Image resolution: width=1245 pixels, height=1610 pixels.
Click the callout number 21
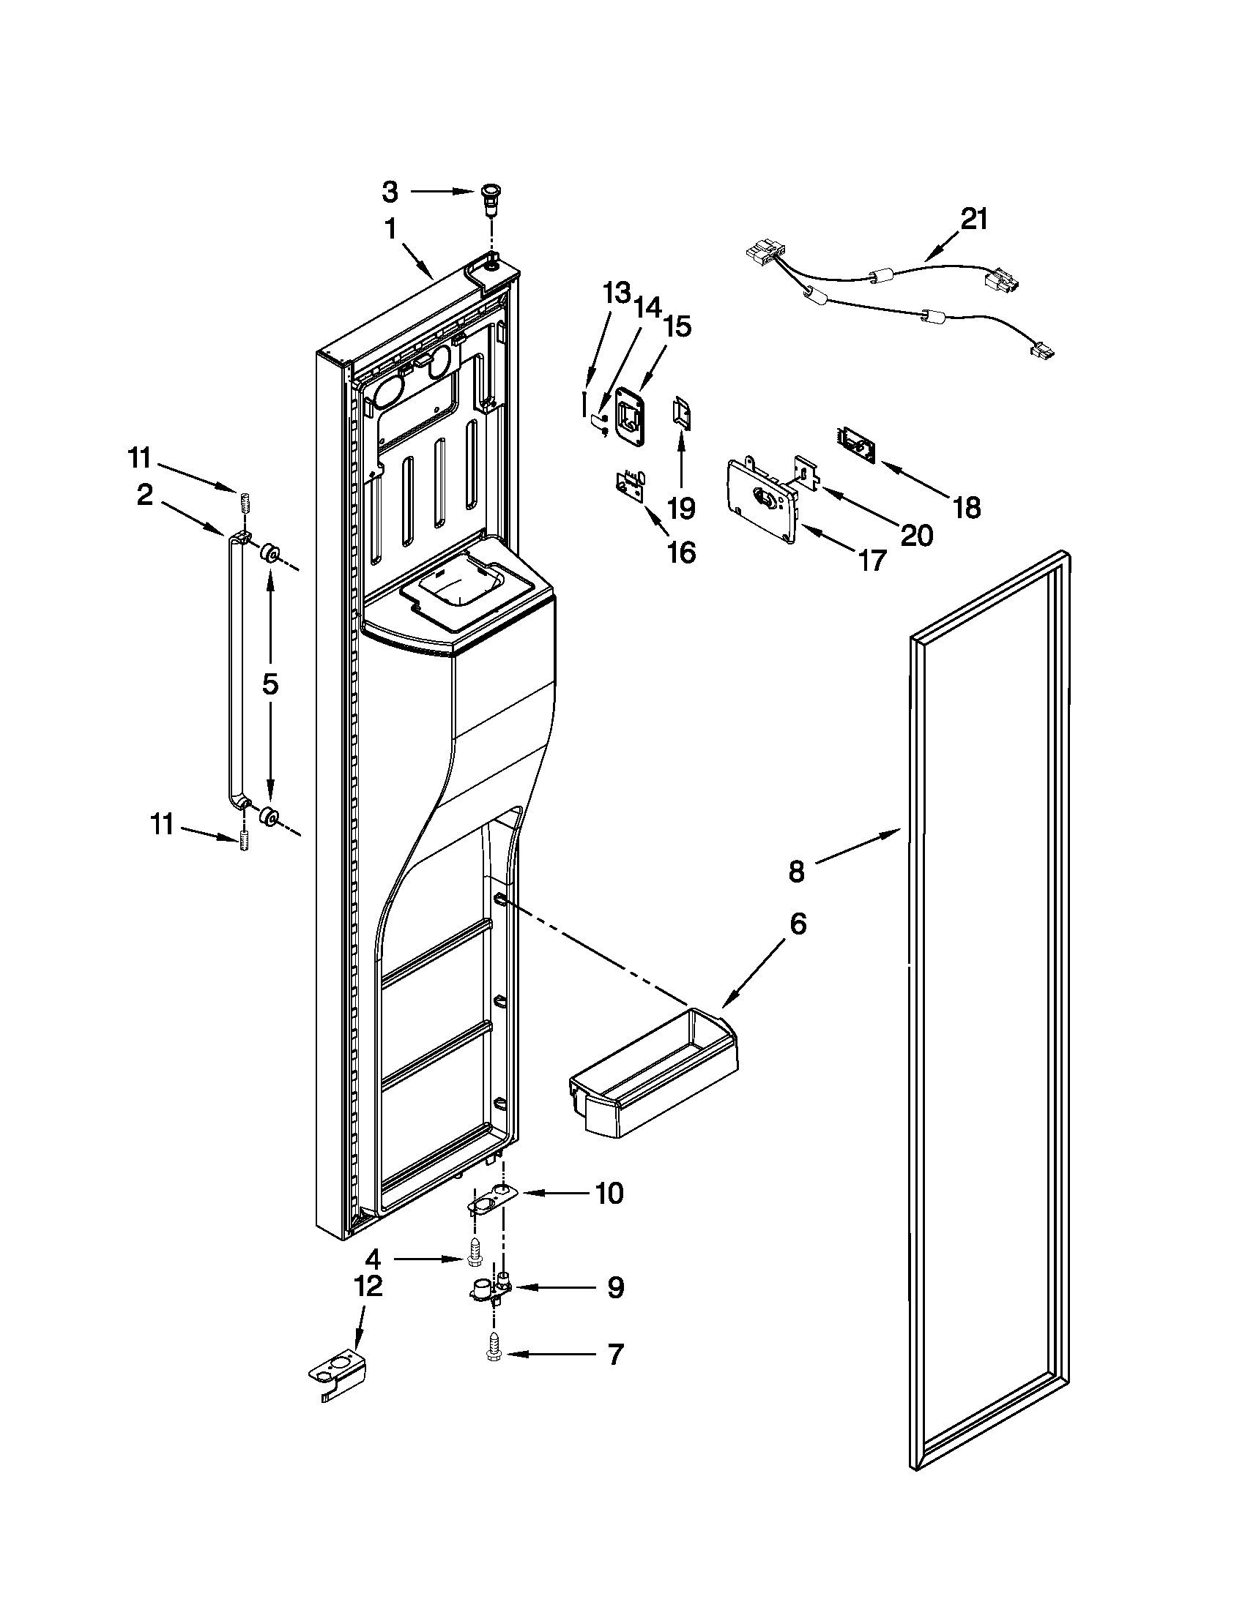(973, 219)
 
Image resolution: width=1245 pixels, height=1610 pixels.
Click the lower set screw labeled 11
(244, 840)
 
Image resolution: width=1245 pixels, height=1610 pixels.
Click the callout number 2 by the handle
(144, 494)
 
